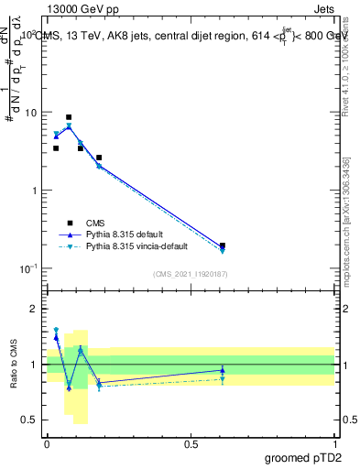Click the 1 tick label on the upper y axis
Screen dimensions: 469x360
[x=34, y=191]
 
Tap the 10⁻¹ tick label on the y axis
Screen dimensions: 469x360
[x=27, y=267]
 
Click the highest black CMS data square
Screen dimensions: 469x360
[x=69, y=117]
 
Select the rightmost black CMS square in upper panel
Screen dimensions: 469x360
[x=223, y=245]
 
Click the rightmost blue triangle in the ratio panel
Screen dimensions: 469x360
[x=223, y=370]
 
